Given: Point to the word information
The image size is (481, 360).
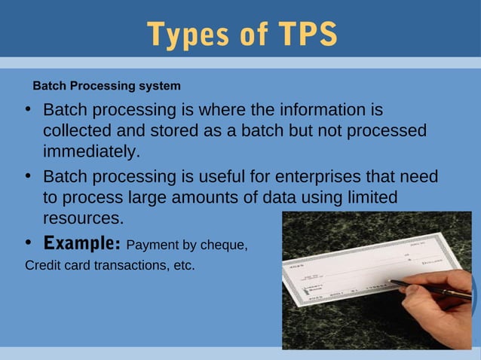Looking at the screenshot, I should [329, 111].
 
